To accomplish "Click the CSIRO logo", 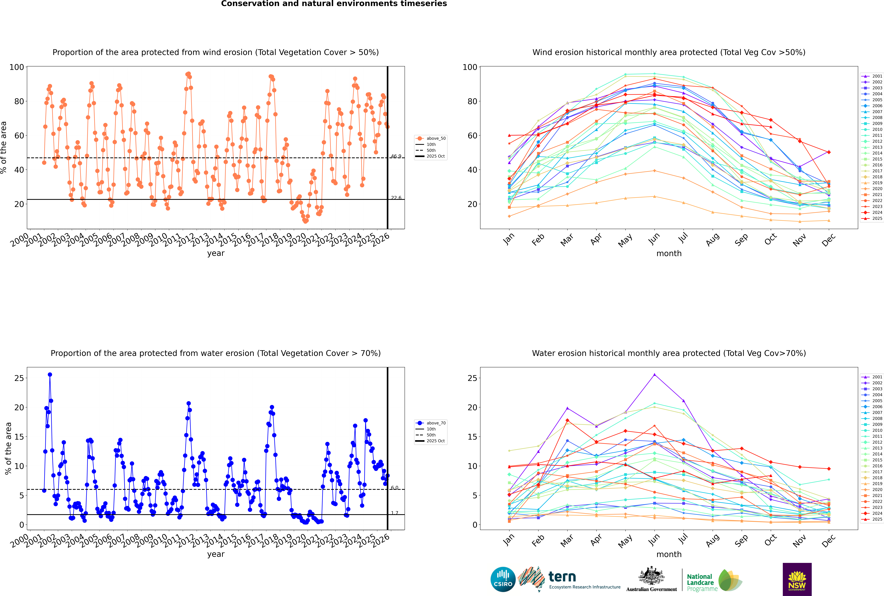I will point(503,579).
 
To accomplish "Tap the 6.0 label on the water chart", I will point(395,488).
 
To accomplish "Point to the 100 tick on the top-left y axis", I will point(17,67).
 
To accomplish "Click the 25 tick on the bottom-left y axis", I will point(19,378).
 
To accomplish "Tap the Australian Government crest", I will point(651,576).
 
